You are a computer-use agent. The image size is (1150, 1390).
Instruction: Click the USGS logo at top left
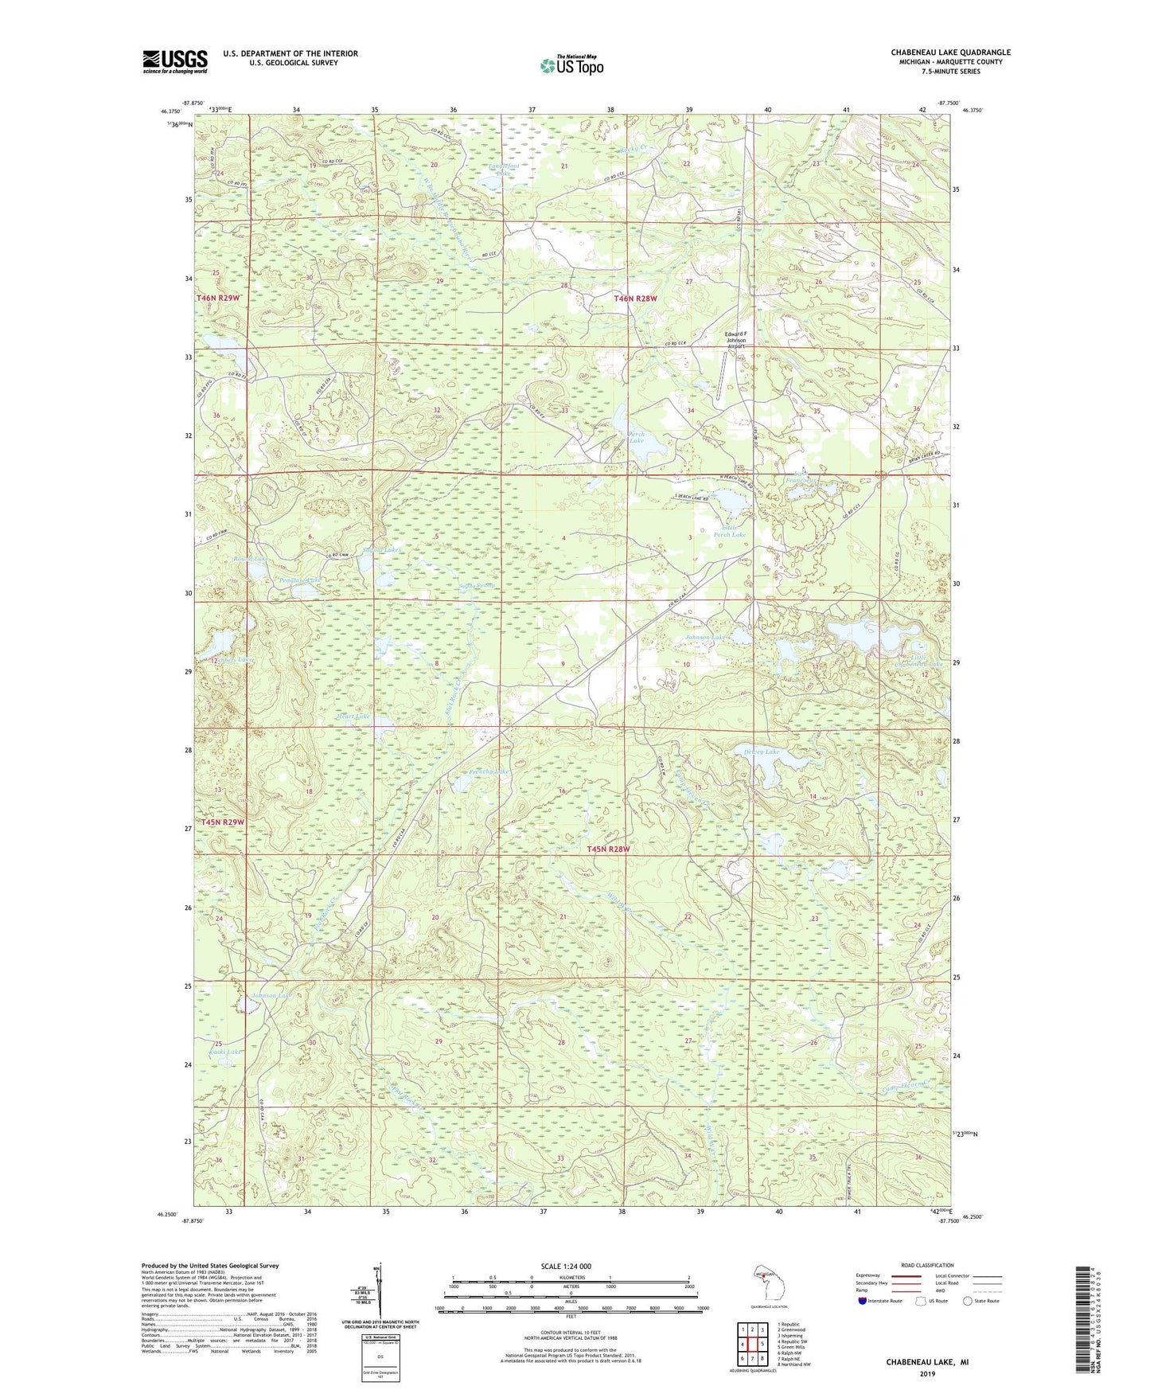click(175, 61)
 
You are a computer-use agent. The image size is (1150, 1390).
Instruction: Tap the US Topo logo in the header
click(571, 65)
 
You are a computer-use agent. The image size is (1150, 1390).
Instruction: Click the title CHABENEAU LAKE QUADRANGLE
click(950, 53)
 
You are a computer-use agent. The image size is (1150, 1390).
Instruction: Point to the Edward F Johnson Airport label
click(735, 340)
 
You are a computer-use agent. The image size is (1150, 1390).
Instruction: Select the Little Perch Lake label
click(733, 531)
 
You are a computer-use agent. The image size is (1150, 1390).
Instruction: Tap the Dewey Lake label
click(762, 752)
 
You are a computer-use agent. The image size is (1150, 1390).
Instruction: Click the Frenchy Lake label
click(489, 771)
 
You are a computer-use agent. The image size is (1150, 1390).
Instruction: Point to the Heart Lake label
click(354, 716)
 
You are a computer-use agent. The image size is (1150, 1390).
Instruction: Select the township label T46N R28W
click(636, 299)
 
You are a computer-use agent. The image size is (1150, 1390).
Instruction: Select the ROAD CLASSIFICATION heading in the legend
click(926, 1265)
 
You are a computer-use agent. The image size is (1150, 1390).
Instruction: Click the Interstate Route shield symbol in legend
click(863, 1301)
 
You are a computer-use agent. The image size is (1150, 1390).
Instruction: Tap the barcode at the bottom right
click(1081, 1318)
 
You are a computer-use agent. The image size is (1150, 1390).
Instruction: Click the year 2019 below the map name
click(926, 1373)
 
